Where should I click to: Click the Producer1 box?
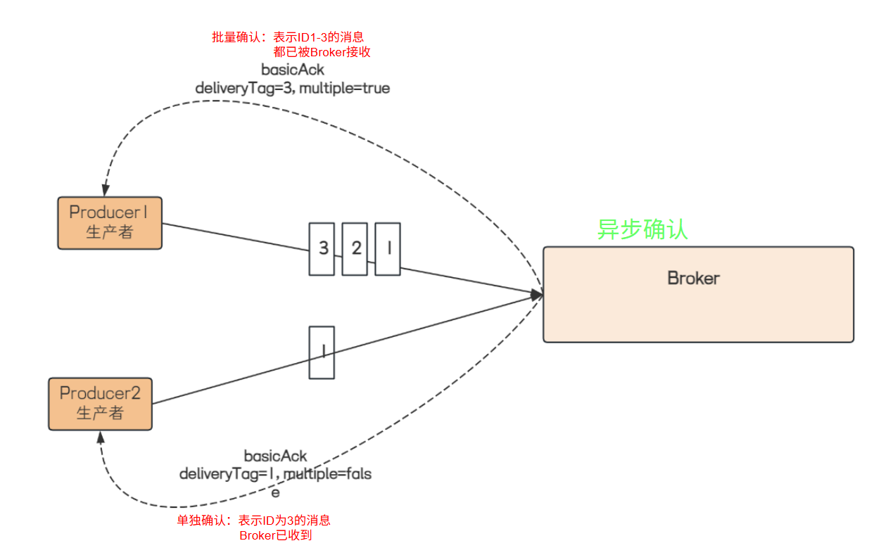point(110,223)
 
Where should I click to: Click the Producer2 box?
point(100,404)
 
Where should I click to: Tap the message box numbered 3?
point(322,248)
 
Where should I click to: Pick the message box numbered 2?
point(355,248)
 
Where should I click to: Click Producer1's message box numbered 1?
point(388,248)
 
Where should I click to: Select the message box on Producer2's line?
point(322,352)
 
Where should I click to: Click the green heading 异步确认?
point(642,229)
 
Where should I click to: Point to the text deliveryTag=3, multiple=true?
point(292,88)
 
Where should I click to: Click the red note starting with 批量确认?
point(288,37)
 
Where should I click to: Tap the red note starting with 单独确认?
point(253,521)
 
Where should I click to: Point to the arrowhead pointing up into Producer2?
point(100,438)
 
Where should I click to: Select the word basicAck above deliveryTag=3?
point(293,70)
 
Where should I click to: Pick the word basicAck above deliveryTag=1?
point(275,457)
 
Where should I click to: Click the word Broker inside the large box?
point(693,278)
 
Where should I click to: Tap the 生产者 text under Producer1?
point(110,232)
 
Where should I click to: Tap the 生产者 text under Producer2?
point(100,413)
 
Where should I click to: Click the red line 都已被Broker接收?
point(322,52)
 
